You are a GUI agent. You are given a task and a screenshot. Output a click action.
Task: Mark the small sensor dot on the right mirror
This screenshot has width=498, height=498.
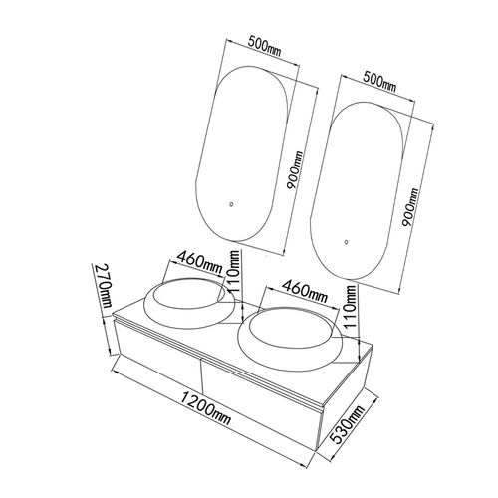point(347,242)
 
